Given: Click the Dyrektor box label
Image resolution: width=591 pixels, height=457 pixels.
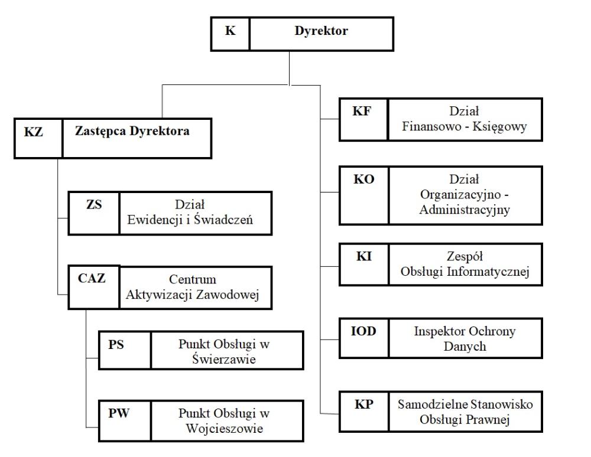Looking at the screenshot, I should [x=321, y=31].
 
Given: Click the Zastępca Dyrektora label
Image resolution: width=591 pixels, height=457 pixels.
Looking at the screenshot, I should [x=132, y=131].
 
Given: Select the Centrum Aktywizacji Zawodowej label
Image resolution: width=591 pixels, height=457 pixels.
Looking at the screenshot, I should [x=193, y=287].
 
